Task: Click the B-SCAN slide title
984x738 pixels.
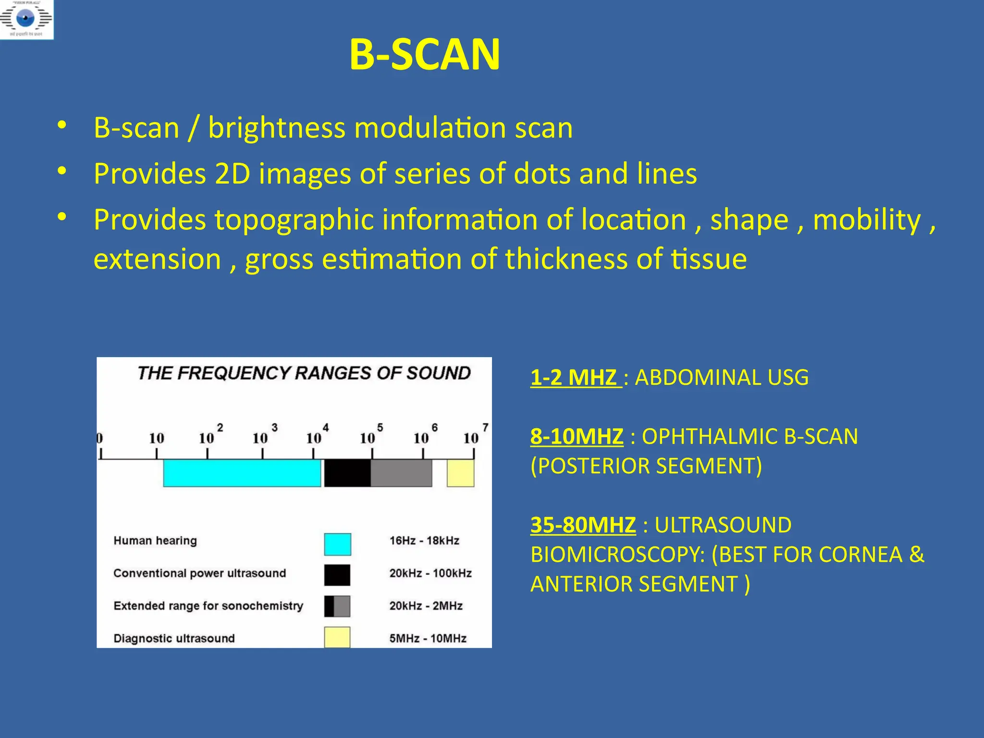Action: (425, 55)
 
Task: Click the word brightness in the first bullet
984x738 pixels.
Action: (277, 128)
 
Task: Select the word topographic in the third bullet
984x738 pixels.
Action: (294, 220)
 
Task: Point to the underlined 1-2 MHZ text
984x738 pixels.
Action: (575, 378)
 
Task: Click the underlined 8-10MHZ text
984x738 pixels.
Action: (577, 437)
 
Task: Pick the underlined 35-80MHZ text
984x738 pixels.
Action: (583, 525)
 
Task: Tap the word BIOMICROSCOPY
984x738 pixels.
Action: (617, 555)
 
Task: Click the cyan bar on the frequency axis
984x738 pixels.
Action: (242, 473)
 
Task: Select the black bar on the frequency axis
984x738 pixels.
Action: (347, 473)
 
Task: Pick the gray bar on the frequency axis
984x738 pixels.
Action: (401, 473)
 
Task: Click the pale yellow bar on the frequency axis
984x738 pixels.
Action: (460, 473)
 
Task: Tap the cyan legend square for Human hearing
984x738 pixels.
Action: (337, 544)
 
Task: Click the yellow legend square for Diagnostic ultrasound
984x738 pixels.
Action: (337, 638)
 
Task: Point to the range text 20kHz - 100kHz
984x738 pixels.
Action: (430, 573)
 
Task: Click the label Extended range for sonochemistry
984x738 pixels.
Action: (208, 606)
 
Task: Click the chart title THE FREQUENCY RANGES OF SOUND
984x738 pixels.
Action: (304, 373)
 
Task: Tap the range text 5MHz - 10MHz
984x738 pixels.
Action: (428, 639)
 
